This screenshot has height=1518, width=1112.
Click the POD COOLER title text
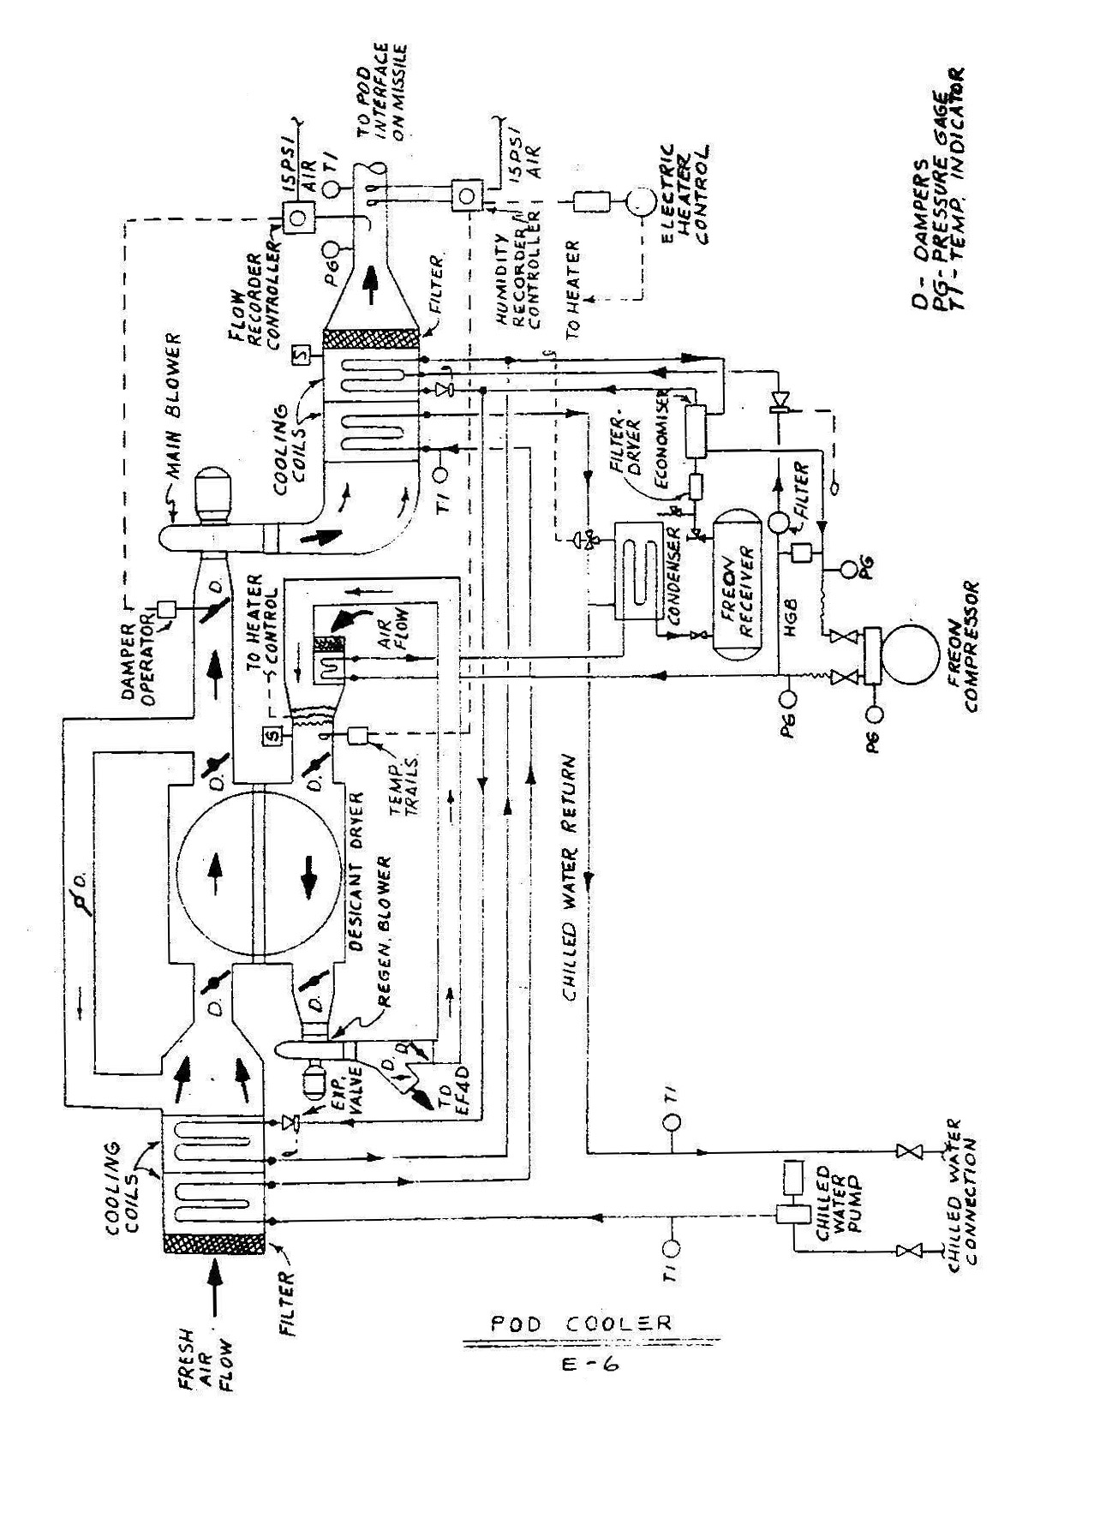581,1324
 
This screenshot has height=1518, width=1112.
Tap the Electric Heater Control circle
637,203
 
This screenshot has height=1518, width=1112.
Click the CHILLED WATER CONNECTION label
963,1191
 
